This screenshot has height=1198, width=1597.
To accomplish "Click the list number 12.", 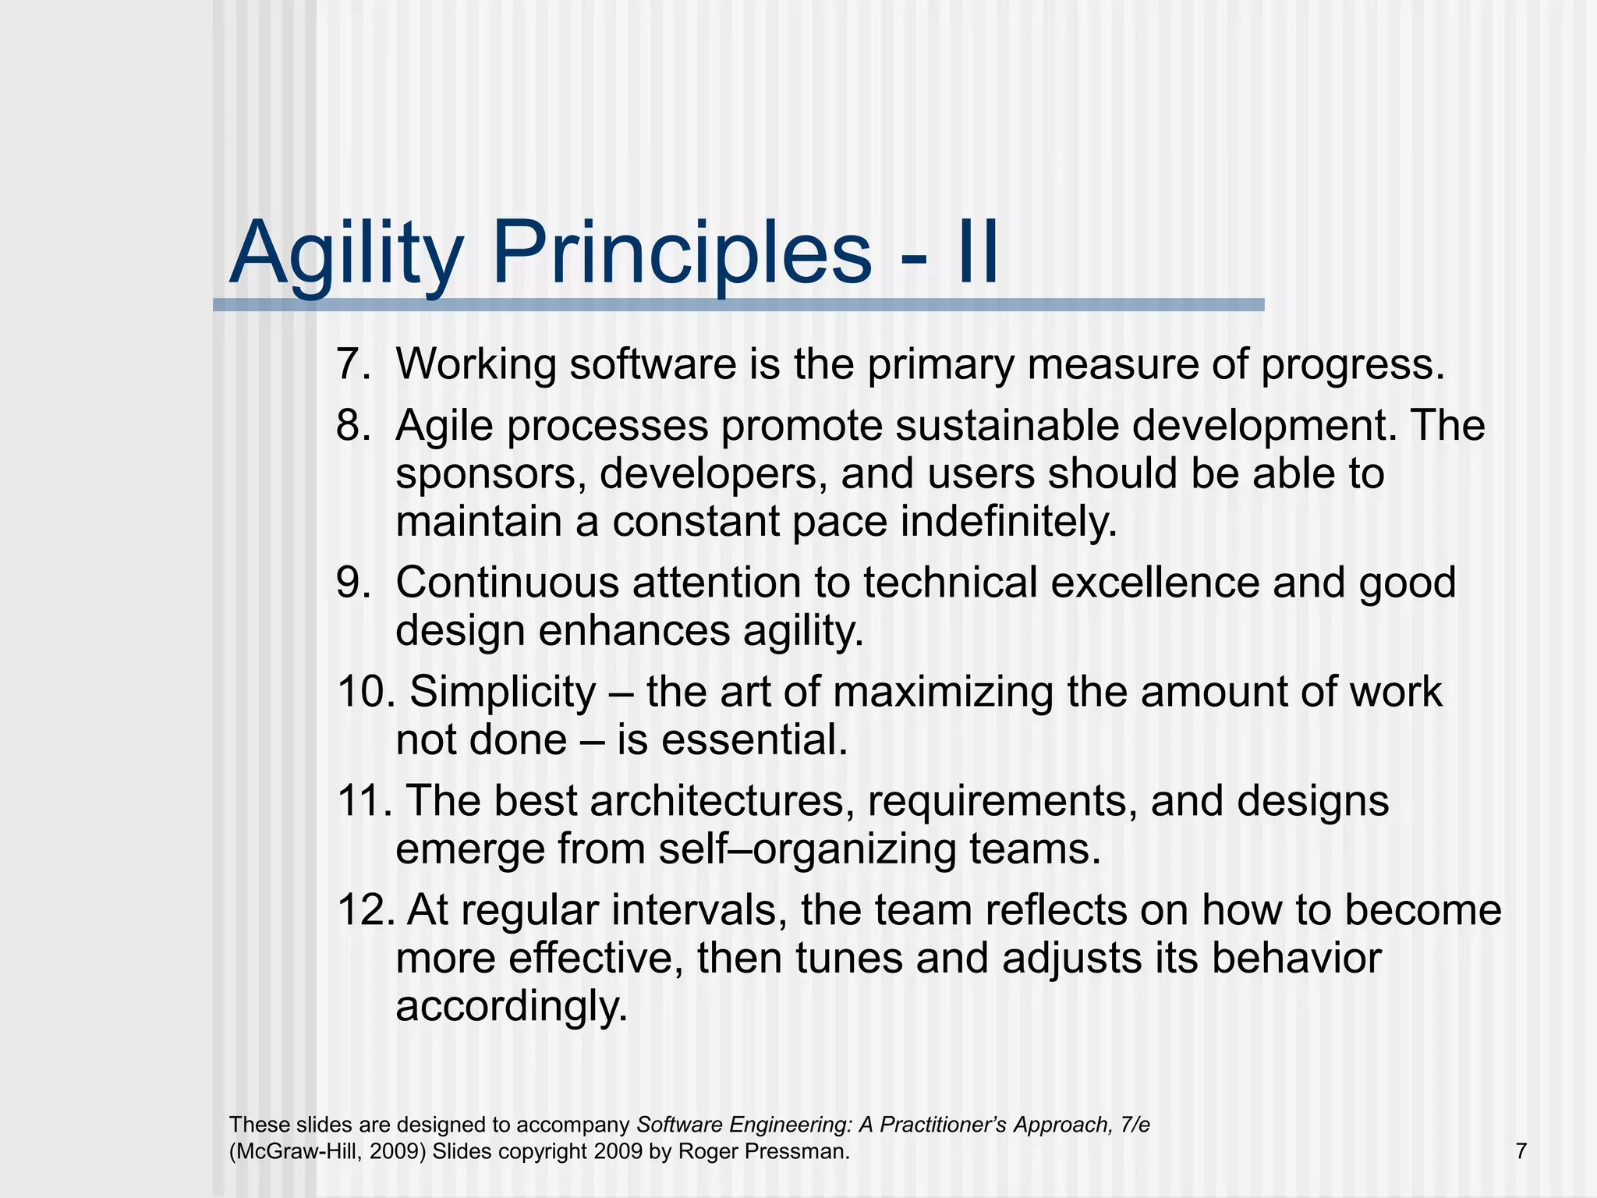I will (x=366, y=910).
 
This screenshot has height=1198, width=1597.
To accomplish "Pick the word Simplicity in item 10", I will (x=503, y=692).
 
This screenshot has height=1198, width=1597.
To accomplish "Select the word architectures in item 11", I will (x=723, y=801).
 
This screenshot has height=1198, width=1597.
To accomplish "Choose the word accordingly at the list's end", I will (x=512, y=1006).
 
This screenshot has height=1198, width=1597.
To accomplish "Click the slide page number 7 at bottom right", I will (x=1521, y=1151).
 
